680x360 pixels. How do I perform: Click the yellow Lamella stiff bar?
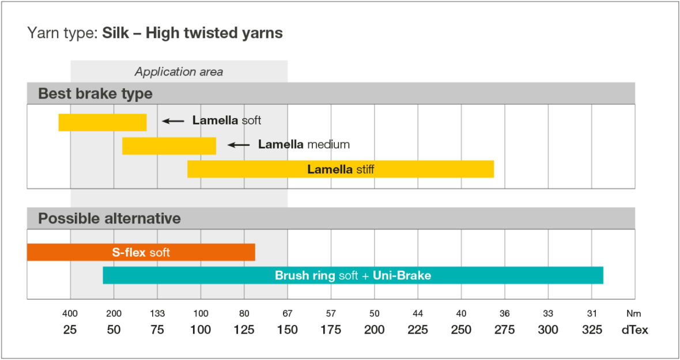click(x=340, y=169)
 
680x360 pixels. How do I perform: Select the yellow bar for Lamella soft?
click(x=103, y=122)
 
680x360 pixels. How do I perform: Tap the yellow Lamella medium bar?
click(x=169, y=146)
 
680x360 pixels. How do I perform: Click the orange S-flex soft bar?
click(x=141, y=252)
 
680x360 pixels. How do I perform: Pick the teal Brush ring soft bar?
click(x=353, y=275)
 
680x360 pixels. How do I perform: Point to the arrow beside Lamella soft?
click(x=173, y=121)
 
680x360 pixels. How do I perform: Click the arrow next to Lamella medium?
click(x=239, y=145)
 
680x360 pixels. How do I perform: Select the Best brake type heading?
click(x=95, y=93)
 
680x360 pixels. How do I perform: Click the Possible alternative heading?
click(x=109, y=218)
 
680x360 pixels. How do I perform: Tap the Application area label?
click(x=179, y=72)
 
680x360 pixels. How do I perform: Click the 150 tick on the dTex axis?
click(x=288, y=330)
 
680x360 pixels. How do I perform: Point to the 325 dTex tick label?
click(x=592, y=330)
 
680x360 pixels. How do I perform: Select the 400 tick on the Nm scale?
click(x=70, y=314)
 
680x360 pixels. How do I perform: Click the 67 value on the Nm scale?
click(x=288, y=314)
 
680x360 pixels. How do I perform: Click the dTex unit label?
click(x=634, y=330)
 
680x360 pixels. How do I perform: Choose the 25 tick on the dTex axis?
click(x=70, y=330)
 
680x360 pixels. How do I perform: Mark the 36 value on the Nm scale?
click(x=505, y=314)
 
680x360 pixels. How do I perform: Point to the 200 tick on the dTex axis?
click(x=375, y=330)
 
